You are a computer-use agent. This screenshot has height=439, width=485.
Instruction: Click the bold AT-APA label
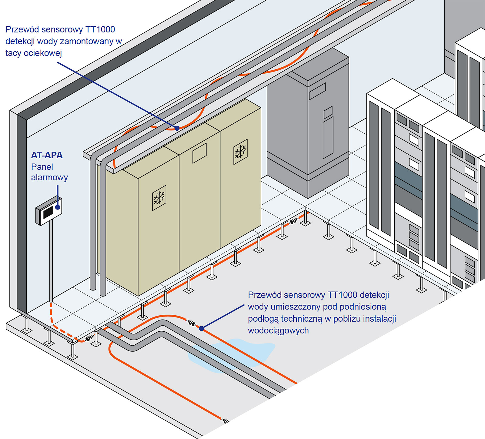(x=47, y=155)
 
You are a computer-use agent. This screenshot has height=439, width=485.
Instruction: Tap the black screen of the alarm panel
(x=48, y=213)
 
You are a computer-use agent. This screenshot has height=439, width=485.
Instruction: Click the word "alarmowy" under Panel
(x=49, y=177)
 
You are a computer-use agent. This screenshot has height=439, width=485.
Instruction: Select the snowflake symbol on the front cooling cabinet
(x=159, y=198)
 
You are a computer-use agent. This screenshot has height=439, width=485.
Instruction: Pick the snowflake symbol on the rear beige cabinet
(x=240, y=152)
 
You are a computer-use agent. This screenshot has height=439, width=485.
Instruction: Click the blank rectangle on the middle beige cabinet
(x=199, y=153)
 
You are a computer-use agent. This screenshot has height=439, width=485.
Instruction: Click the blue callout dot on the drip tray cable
(x=177, y=128)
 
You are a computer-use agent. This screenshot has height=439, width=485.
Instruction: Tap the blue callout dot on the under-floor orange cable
(x=202, y=328)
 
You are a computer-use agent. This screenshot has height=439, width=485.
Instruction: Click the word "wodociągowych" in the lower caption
(x=278, y=331)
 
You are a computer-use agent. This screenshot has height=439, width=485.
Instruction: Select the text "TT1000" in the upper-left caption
(x=100, y=29)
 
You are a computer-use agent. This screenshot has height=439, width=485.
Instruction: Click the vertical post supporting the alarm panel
(x=51, y=261)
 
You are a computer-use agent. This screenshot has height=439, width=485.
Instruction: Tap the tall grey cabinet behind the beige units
(x=308, y=127)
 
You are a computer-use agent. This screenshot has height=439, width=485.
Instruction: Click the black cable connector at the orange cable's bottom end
(x=225, y=421)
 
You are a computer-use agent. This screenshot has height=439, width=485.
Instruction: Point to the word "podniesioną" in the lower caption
(x=363, y=307)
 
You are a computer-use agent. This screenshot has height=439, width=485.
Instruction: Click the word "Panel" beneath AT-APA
(x=42, y=167)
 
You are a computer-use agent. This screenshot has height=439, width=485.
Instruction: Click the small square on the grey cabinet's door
(x=328, y=112)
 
